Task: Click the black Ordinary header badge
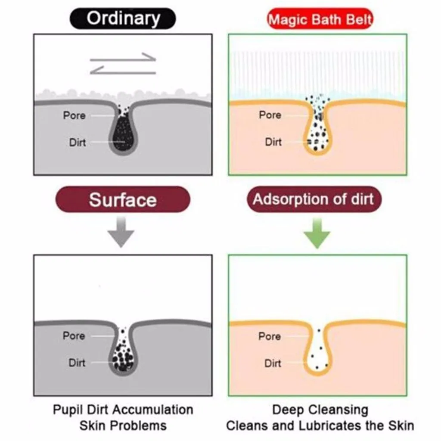click(x=123, y=19)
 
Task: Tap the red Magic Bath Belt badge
click(x=320, y=19)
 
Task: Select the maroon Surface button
click(x=123, y=199)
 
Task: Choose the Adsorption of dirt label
click(x=314, y=199)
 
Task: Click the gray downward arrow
click(x=121, y=232)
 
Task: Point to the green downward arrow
click(x=317, y=233)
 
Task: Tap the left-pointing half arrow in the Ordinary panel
click(x=123, y=70)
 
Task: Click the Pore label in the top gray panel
click(x=74, y=115)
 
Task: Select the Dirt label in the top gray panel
click(x=78, y=142)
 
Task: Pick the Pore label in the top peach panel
click(x=270, y=115)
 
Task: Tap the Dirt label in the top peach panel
click(x=273, y=142)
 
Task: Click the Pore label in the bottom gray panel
click(x=74, y=335)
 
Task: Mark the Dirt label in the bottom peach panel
click(x=273, y=363)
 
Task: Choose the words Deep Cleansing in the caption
click(x=320, y=410)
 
